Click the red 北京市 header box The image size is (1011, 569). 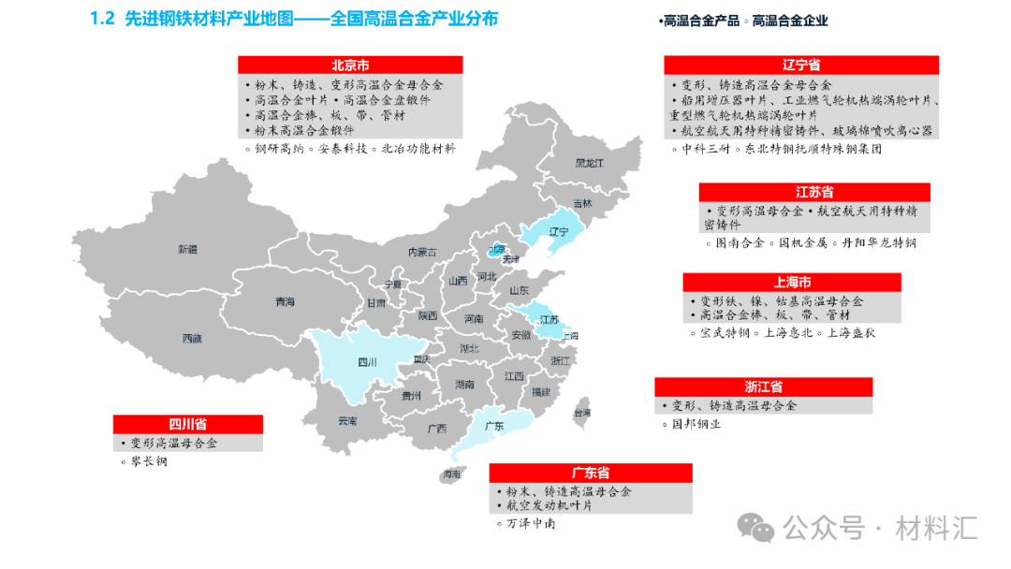click(350, 66)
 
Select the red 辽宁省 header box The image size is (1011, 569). click(801, 65)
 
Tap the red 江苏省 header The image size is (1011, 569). click(814, 192)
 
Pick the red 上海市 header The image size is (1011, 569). click(792, 283)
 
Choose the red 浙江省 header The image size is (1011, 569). click(763, 387)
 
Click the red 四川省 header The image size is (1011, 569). click(187, 424)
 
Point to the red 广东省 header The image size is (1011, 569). click(591, 473)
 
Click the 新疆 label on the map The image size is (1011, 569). click(188, 249)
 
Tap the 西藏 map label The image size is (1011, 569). click(192, 338)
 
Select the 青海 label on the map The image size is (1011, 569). click(285, 301)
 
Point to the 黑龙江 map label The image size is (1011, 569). click(590, 163)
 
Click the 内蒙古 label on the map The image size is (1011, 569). click(421, 252)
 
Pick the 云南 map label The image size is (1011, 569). click(347, 421)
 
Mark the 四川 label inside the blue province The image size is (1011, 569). click(367, 362)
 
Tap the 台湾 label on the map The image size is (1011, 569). click(581, 412)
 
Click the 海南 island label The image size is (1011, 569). click(452, 474)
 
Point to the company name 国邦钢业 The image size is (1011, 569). click(696, 423)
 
